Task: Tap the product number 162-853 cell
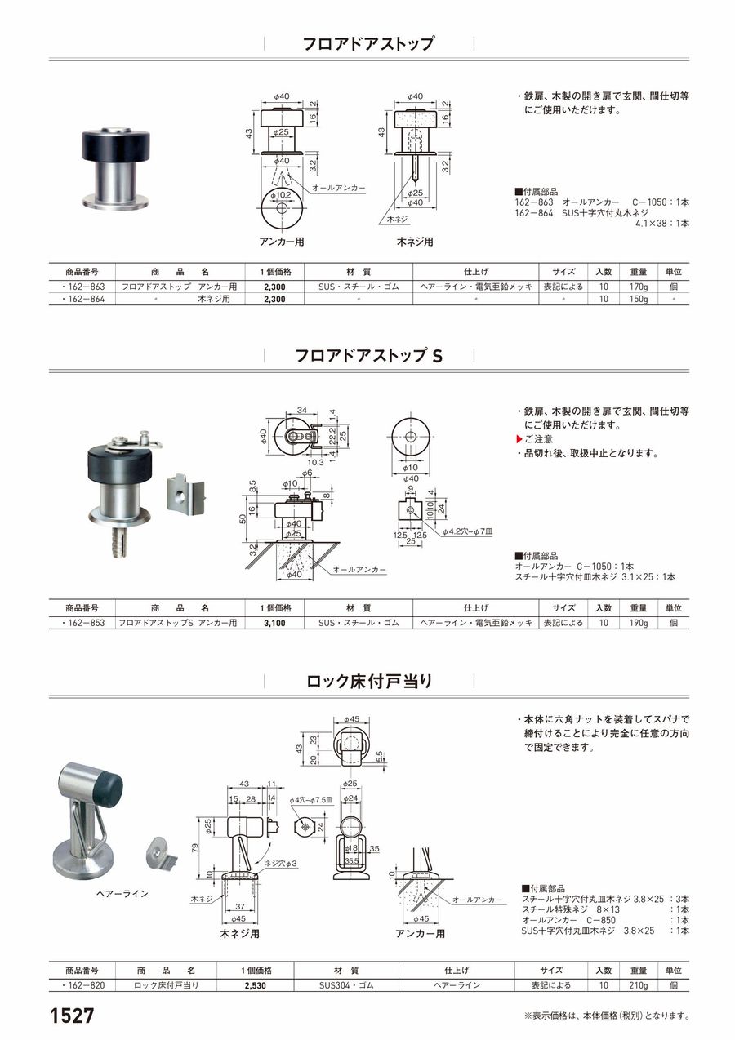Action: click(82, 623)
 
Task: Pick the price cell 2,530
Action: click(256, 985)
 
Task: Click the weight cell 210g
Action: click(639, 985)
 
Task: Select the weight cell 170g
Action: click(639, 287)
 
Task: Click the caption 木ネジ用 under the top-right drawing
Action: click(415, 242)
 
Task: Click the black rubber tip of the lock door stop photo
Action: click(111, 790)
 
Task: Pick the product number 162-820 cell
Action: click(82, 985)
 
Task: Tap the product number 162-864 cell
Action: click(82, 300)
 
